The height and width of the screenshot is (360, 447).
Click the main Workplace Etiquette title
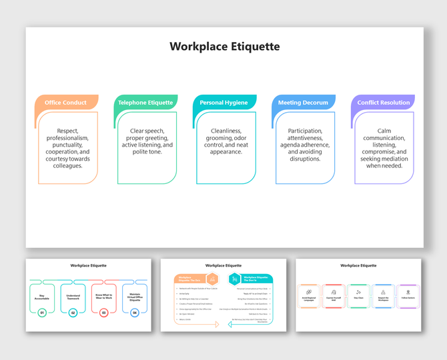(224, 47)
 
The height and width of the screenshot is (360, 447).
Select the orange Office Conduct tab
(65, 103)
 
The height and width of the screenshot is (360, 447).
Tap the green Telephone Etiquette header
(145, 103)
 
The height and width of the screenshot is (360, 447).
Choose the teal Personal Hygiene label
(223, 103)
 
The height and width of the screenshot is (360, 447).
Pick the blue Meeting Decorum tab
(303, 103)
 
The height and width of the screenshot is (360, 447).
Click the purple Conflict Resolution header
(383, 103)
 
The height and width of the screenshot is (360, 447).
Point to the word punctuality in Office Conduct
(68, 145)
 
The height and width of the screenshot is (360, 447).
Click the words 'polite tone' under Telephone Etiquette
(147, 151)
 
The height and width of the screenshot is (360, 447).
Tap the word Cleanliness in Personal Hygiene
(226, 131)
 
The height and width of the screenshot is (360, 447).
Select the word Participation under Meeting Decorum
(305, 131)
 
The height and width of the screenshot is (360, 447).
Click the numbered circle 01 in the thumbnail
(42, 312)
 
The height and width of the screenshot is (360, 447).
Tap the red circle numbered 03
(104, 312)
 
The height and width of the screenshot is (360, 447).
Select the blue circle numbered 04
(135, 312)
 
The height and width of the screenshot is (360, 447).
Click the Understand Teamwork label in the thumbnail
(73, 297)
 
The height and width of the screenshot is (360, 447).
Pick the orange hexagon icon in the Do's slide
(212, 279)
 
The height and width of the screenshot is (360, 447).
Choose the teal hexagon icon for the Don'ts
(233, 279)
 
